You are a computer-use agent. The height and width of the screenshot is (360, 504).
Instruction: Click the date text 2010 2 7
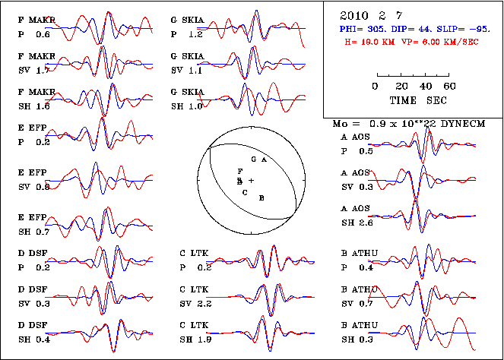(365, 14)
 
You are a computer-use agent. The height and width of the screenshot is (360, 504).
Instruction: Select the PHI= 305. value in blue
(362, 27)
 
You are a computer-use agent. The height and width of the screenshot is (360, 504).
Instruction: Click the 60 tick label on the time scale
(449, 86)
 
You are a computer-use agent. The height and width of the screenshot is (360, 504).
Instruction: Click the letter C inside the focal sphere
(245, 193)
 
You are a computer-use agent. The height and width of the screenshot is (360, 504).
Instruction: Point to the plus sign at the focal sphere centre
(251, 181)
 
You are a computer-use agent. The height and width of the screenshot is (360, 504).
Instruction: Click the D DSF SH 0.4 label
(34, 333)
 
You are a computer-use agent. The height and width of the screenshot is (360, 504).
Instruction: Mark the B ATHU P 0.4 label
(357, 262)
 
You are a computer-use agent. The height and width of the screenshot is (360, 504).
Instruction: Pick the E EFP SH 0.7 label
(35, 224)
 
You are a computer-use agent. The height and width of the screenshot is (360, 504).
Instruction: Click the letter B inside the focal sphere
(262, 197)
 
